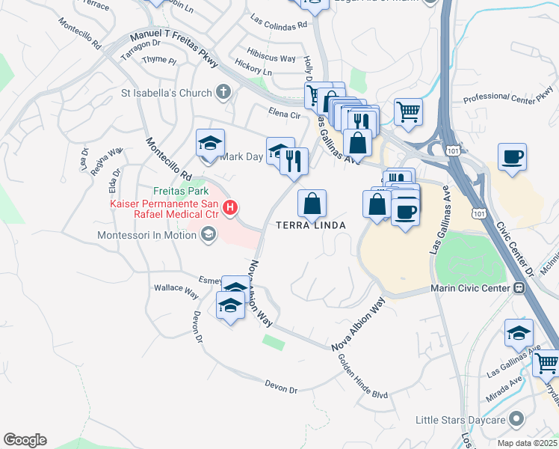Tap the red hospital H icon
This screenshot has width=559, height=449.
click(230, 207)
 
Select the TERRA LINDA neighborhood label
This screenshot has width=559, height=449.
click(311, 225)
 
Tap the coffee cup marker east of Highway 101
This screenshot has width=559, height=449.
click(513, 158)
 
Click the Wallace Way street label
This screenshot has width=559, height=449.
click(173, 287)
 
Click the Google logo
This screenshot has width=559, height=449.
click(25, 440)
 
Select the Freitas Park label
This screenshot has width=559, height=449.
click(159, 191)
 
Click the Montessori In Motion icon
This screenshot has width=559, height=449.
click(207, 235)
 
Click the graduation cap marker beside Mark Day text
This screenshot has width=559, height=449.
click(210, 142)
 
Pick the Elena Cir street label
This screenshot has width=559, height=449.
click(284, 114)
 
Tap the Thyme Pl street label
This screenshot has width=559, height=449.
click(159, 60)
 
